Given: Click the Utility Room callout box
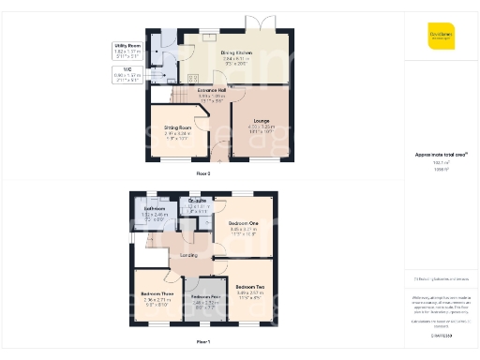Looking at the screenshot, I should tap(128, 47).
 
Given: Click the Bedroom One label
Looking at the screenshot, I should tap(242, 223).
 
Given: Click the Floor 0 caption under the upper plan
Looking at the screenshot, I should tap(203, 173).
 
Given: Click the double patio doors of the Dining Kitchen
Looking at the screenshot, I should tap(257, 22).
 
